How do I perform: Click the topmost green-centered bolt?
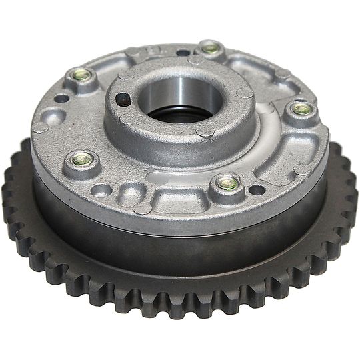click(x=209, y=47)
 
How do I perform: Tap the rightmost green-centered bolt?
click(x=301, y=109)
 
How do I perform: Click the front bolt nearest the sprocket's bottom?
click(x=227, y=181)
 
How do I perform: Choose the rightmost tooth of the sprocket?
click(x=353, y=193)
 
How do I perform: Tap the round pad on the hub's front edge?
click(x=203, y=131)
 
